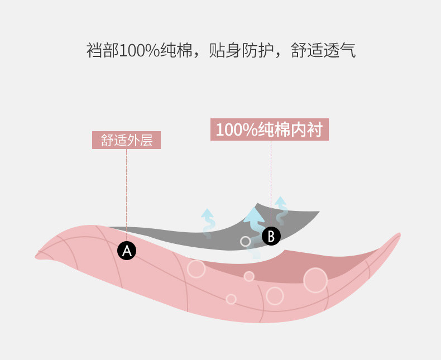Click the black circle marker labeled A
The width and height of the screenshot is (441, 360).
[127, 251]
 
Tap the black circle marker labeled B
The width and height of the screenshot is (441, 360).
[271, 236]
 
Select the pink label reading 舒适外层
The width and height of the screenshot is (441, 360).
[126, 140]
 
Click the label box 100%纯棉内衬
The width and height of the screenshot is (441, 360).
[269, 129]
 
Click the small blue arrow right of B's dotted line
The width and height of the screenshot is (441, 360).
[281, 209]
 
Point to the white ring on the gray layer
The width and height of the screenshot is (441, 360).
[245, 241]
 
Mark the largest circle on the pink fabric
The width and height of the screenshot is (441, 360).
[315, 280]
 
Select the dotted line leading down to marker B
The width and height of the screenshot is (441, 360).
[271, 179]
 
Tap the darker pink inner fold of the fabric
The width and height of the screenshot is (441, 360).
[335, 265]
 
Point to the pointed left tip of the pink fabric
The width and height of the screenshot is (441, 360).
[37, 256]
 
